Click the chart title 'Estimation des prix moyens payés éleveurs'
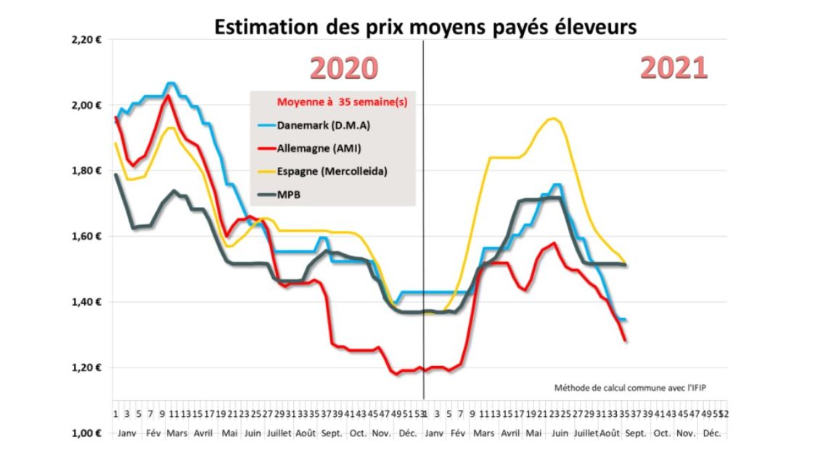[425, 26]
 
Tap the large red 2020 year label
[345, 68]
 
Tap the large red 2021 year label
[673, 68]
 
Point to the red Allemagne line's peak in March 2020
[168, 96]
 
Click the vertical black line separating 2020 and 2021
[423, 218]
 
